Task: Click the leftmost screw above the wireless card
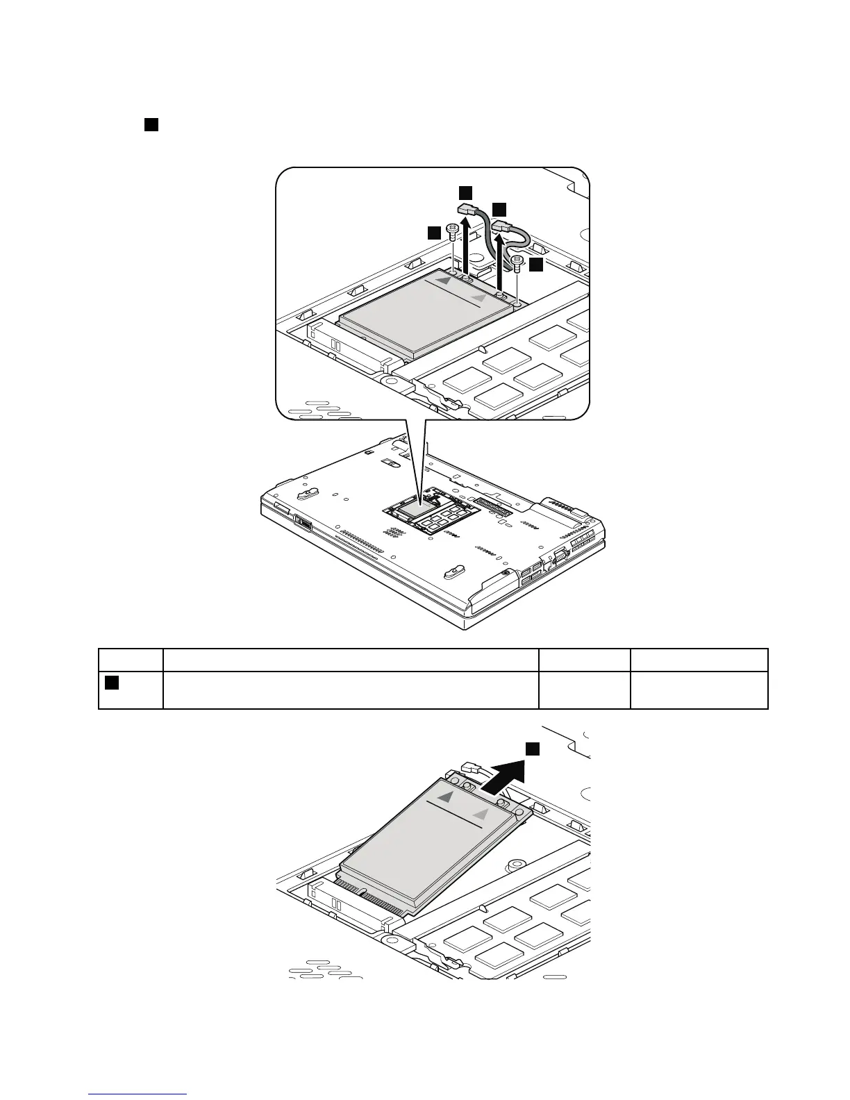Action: pyautogui.click(x=452, y=230)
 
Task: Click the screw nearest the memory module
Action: pyautogui.click(x=517, y=262)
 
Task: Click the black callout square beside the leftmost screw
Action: pyautogui.click(x=434, y=233)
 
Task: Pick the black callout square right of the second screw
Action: pyautogui.click(x=535, y=264)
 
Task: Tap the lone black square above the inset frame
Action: pyautogui.click(x=151, y=125)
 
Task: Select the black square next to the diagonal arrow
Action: pyautogui.click(x=532, y=748)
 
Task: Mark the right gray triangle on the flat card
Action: pyautogui.click(x=478, y=297)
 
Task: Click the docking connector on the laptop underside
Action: pyautogui.click(x=493, y=506)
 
